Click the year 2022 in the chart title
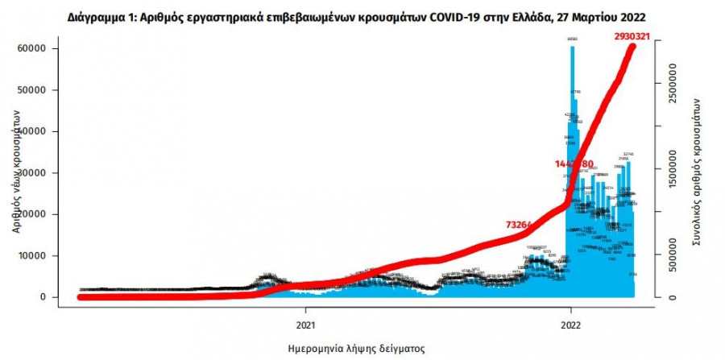point(631,16)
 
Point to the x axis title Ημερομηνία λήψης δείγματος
point(356,348)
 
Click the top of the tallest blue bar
point(571,48)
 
